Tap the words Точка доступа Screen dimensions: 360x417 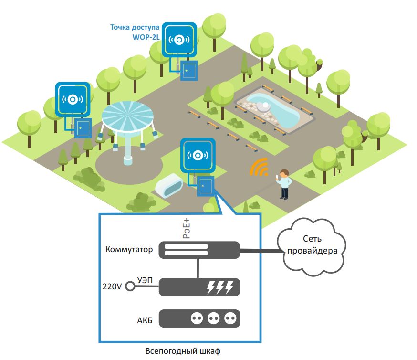click(x=135, y=27)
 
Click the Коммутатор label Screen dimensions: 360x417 click(x=130, y=250)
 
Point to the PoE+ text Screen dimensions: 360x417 click(x=188, y=230)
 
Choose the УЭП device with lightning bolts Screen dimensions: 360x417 click(x=199, y=287)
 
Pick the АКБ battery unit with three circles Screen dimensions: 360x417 click(x=199, y=318)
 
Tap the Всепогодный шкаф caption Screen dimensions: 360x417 click(x=183, y=351)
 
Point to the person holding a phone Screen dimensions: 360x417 click(x=284, y=184)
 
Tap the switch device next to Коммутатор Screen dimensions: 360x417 click(x=199, y=250)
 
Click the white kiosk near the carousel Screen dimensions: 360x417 click(x=169, y=185)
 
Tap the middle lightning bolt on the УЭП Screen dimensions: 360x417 click(x=220, y=287)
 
